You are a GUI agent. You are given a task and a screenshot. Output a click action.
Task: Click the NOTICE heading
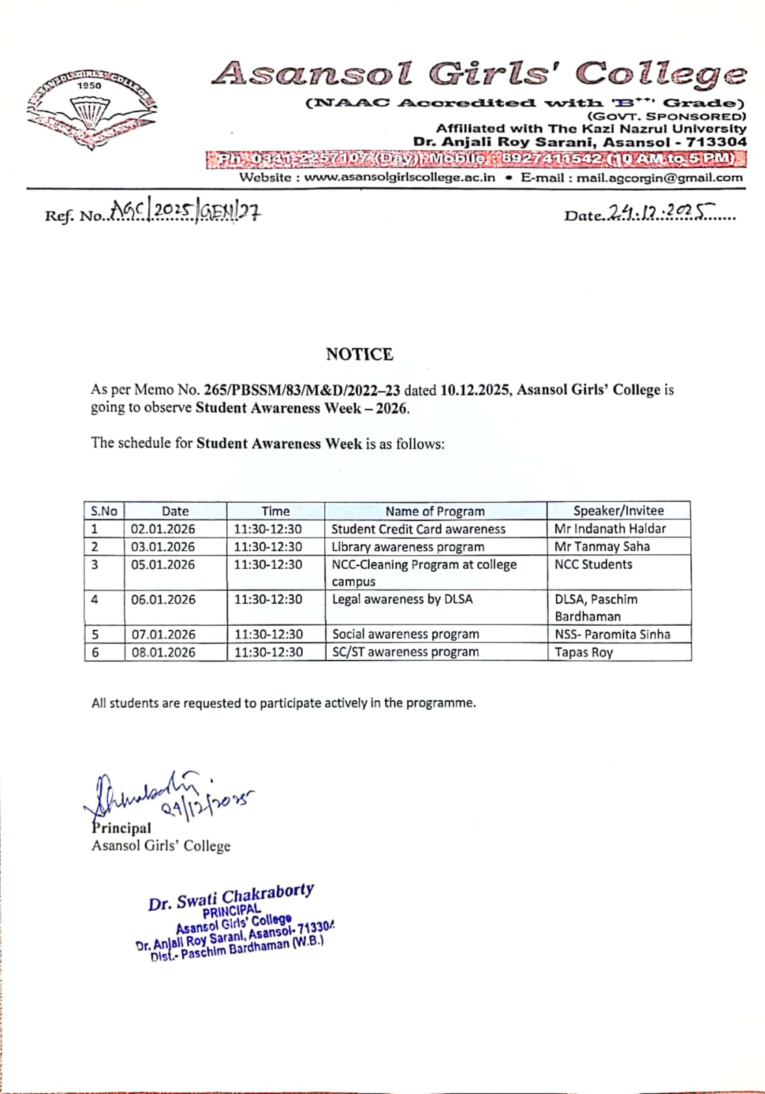point(359,354)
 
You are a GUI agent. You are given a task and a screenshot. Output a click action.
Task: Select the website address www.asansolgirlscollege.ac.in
point(399,178)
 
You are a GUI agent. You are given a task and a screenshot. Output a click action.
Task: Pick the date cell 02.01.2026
point(163,529)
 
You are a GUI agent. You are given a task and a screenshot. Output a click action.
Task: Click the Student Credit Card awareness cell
point(418,529)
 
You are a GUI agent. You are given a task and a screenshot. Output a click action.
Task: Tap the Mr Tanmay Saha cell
point(602,547)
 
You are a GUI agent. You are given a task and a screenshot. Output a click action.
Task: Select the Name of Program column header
point(435,511)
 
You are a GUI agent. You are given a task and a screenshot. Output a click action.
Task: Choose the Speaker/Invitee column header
point(618,511)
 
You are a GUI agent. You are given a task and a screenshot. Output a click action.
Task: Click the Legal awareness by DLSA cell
point(402,600)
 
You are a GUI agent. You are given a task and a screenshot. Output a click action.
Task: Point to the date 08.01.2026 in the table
point(163,652)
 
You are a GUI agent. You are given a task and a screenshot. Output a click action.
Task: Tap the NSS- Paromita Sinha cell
point(612,635)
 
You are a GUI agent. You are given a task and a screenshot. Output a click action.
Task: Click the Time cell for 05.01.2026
point(268,565)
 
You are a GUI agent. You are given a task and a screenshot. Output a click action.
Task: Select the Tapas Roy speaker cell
point(583,652)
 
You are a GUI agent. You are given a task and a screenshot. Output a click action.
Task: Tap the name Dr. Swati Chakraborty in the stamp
point(230,896)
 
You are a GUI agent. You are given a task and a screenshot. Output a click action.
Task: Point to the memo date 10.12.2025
point(474,390)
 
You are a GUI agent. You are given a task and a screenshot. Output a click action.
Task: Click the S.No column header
point(104,511)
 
